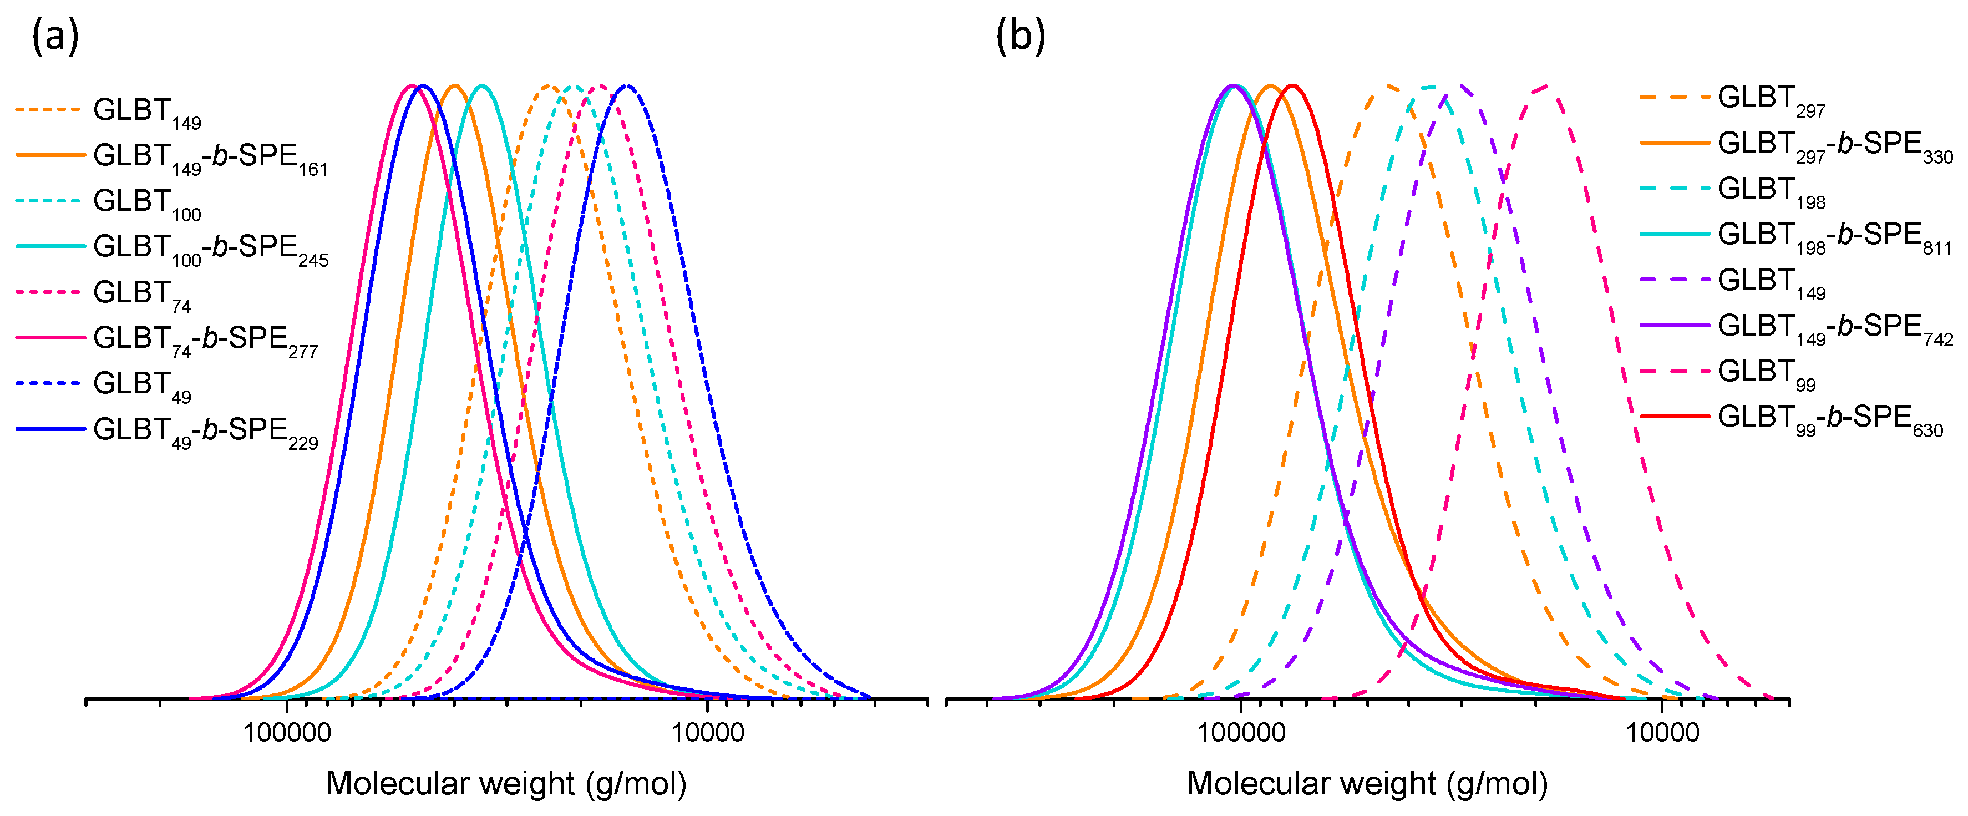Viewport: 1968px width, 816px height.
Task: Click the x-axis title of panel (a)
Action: click(x=506, y=783)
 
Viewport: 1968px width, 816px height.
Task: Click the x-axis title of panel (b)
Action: click(x=1367, y=783)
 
